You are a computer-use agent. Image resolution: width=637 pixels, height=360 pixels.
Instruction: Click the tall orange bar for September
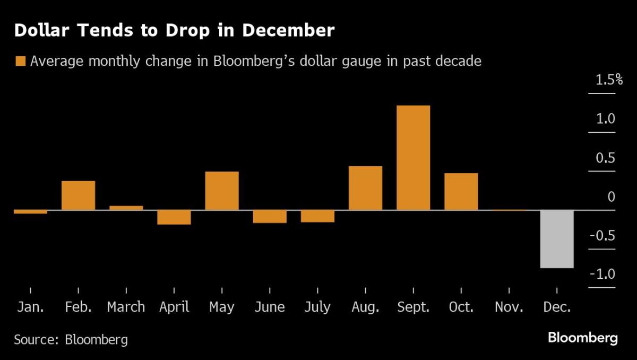pyautogui.click(x=413, y=158)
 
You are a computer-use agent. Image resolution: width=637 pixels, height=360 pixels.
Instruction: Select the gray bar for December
pyautogui.click(x=557, y=239)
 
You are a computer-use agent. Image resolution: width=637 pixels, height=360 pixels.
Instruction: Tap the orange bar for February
pyautogui.click(x=78, y=195)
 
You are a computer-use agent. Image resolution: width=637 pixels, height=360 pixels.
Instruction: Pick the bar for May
pyautogui.click(x=222, y=191)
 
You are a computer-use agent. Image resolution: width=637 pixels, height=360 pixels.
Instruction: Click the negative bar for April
pyautogui.click(x=174, y=217)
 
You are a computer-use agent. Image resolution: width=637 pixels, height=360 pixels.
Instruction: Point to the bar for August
pyautogui.click(x=365, y=188)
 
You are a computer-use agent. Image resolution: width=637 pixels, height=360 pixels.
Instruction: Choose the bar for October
pyautogui.click(x=461, y=192)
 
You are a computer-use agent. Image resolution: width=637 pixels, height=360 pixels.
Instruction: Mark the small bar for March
pyautogui.click(x=126, y=208)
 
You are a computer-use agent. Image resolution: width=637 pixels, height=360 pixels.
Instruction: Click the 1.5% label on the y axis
pyautogui.click(x=609, y=81)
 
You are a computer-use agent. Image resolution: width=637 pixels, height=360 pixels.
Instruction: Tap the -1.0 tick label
pyautogui.click(x=602, y=275)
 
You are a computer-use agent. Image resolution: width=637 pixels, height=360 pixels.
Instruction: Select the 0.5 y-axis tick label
pyautogui.click(x=605, y=159)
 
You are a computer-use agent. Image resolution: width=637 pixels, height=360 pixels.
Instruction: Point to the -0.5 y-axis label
pyautogui.click(x=602, y=236)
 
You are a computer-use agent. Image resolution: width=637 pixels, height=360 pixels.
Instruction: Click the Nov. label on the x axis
pyautogui.click(x=509, y=307)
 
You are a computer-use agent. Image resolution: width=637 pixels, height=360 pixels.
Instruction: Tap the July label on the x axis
pyautogui.click(x=317, y=307)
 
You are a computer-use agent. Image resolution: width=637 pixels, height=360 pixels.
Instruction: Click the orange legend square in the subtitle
pyautogui.click(x=21, y=62)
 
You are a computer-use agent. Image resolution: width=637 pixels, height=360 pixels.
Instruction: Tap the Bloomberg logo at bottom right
pyautogui.click(x=583, y=338)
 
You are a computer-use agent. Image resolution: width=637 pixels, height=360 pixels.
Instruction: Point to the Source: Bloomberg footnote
pyautogui.click(x=71, y=339)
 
